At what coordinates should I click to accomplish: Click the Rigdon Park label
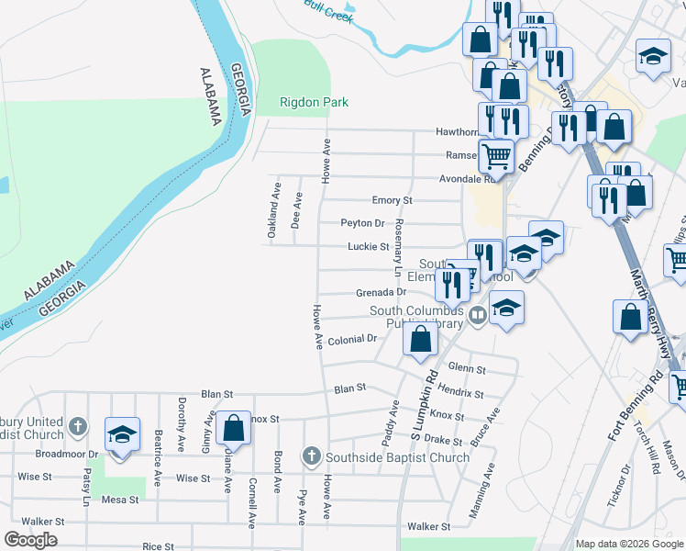pyautogui.click(x=314, y=103)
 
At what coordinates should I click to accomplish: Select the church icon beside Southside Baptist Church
pyautogui.click(x=312, y=456)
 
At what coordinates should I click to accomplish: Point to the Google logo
pyautogui.click(x=30, y=540)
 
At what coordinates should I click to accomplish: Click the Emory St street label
pyautogui.click(x=392, y=200)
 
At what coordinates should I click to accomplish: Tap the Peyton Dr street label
pyautogui.click(x=361, y=223)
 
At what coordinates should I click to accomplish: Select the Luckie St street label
pyautogui.click(x=368, y=247)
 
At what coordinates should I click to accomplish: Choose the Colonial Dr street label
pyautogui.click(x=353, y=339)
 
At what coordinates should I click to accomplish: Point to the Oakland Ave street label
pyautogui.click(x=273, y=210)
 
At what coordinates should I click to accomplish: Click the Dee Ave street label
pyautogui.click(x=296, y=210)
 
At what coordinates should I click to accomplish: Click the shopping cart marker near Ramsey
pyautogui.click(x=496, y=155)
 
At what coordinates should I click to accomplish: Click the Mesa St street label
pyautogui.click(x=120, y=500)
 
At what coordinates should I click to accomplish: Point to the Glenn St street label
pyautogui.click(x=467, y=369)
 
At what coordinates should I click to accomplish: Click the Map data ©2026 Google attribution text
pyautogui.click(x=629, y=544)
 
